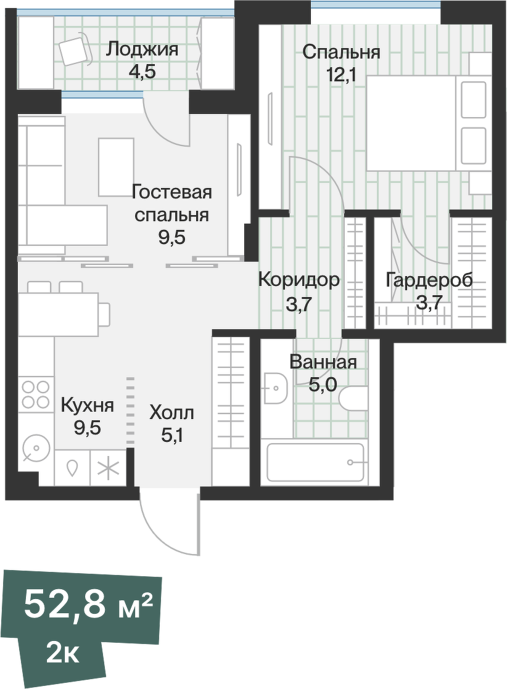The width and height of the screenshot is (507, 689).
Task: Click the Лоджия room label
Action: pos(142,49)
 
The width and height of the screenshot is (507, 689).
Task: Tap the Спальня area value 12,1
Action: pos(342,75)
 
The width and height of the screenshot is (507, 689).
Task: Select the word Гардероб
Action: pos(429,280)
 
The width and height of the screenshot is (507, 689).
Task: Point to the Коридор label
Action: pos(299,280)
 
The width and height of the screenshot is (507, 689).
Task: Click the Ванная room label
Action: pos(323,362)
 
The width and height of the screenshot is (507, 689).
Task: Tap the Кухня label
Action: pos(87,406)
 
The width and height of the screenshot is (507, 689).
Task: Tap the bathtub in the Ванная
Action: pos(315,462)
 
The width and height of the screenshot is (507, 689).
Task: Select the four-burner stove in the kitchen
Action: pos(35,394)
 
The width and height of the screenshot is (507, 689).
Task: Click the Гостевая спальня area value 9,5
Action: pos(171,237)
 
